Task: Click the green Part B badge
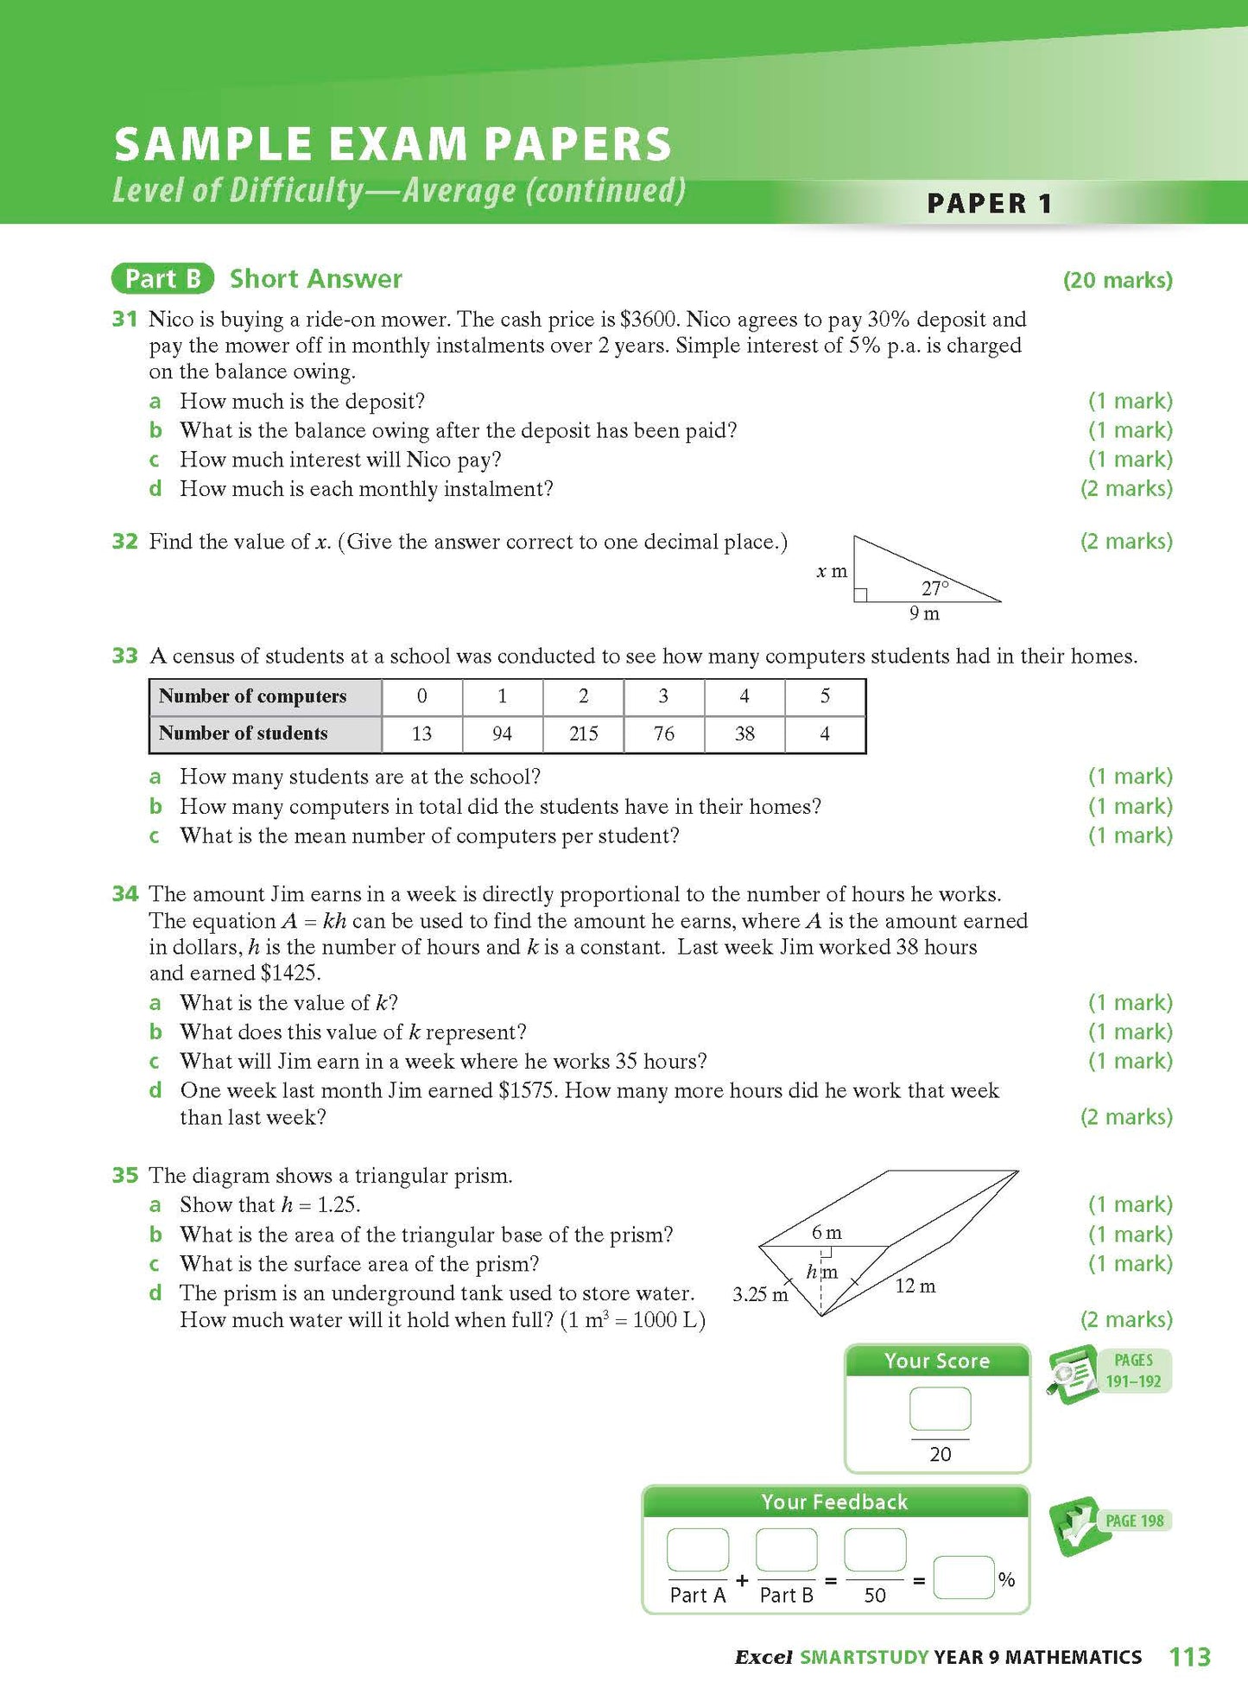pos(162,278)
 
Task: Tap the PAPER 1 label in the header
pos(989,204)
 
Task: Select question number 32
pos(125,542)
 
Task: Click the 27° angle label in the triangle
pos(934,588)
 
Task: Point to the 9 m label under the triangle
pos(923,613)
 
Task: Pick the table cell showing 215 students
pos(583,733)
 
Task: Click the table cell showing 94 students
pos(502,733)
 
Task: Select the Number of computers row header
pos(264,696)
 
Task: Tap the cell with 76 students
pos(663,733)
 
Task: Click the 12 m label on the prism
pos(915,1286)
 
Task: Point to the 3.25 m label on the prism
pos(760,1294)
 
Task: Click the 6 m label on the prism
pos(827,1233)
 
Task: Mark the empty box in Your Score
pos(940,1409)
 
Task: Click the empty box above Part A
pos(697,1549)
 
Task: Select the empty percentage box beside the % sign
pos(963,1578)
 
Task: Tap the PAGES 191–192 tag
pos(1132,1370)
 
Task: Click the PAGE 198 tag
pos(1134,1521)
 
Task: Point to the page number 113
pos(1189,1656)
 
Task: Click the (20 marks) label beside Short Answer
pos(1117,280)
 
